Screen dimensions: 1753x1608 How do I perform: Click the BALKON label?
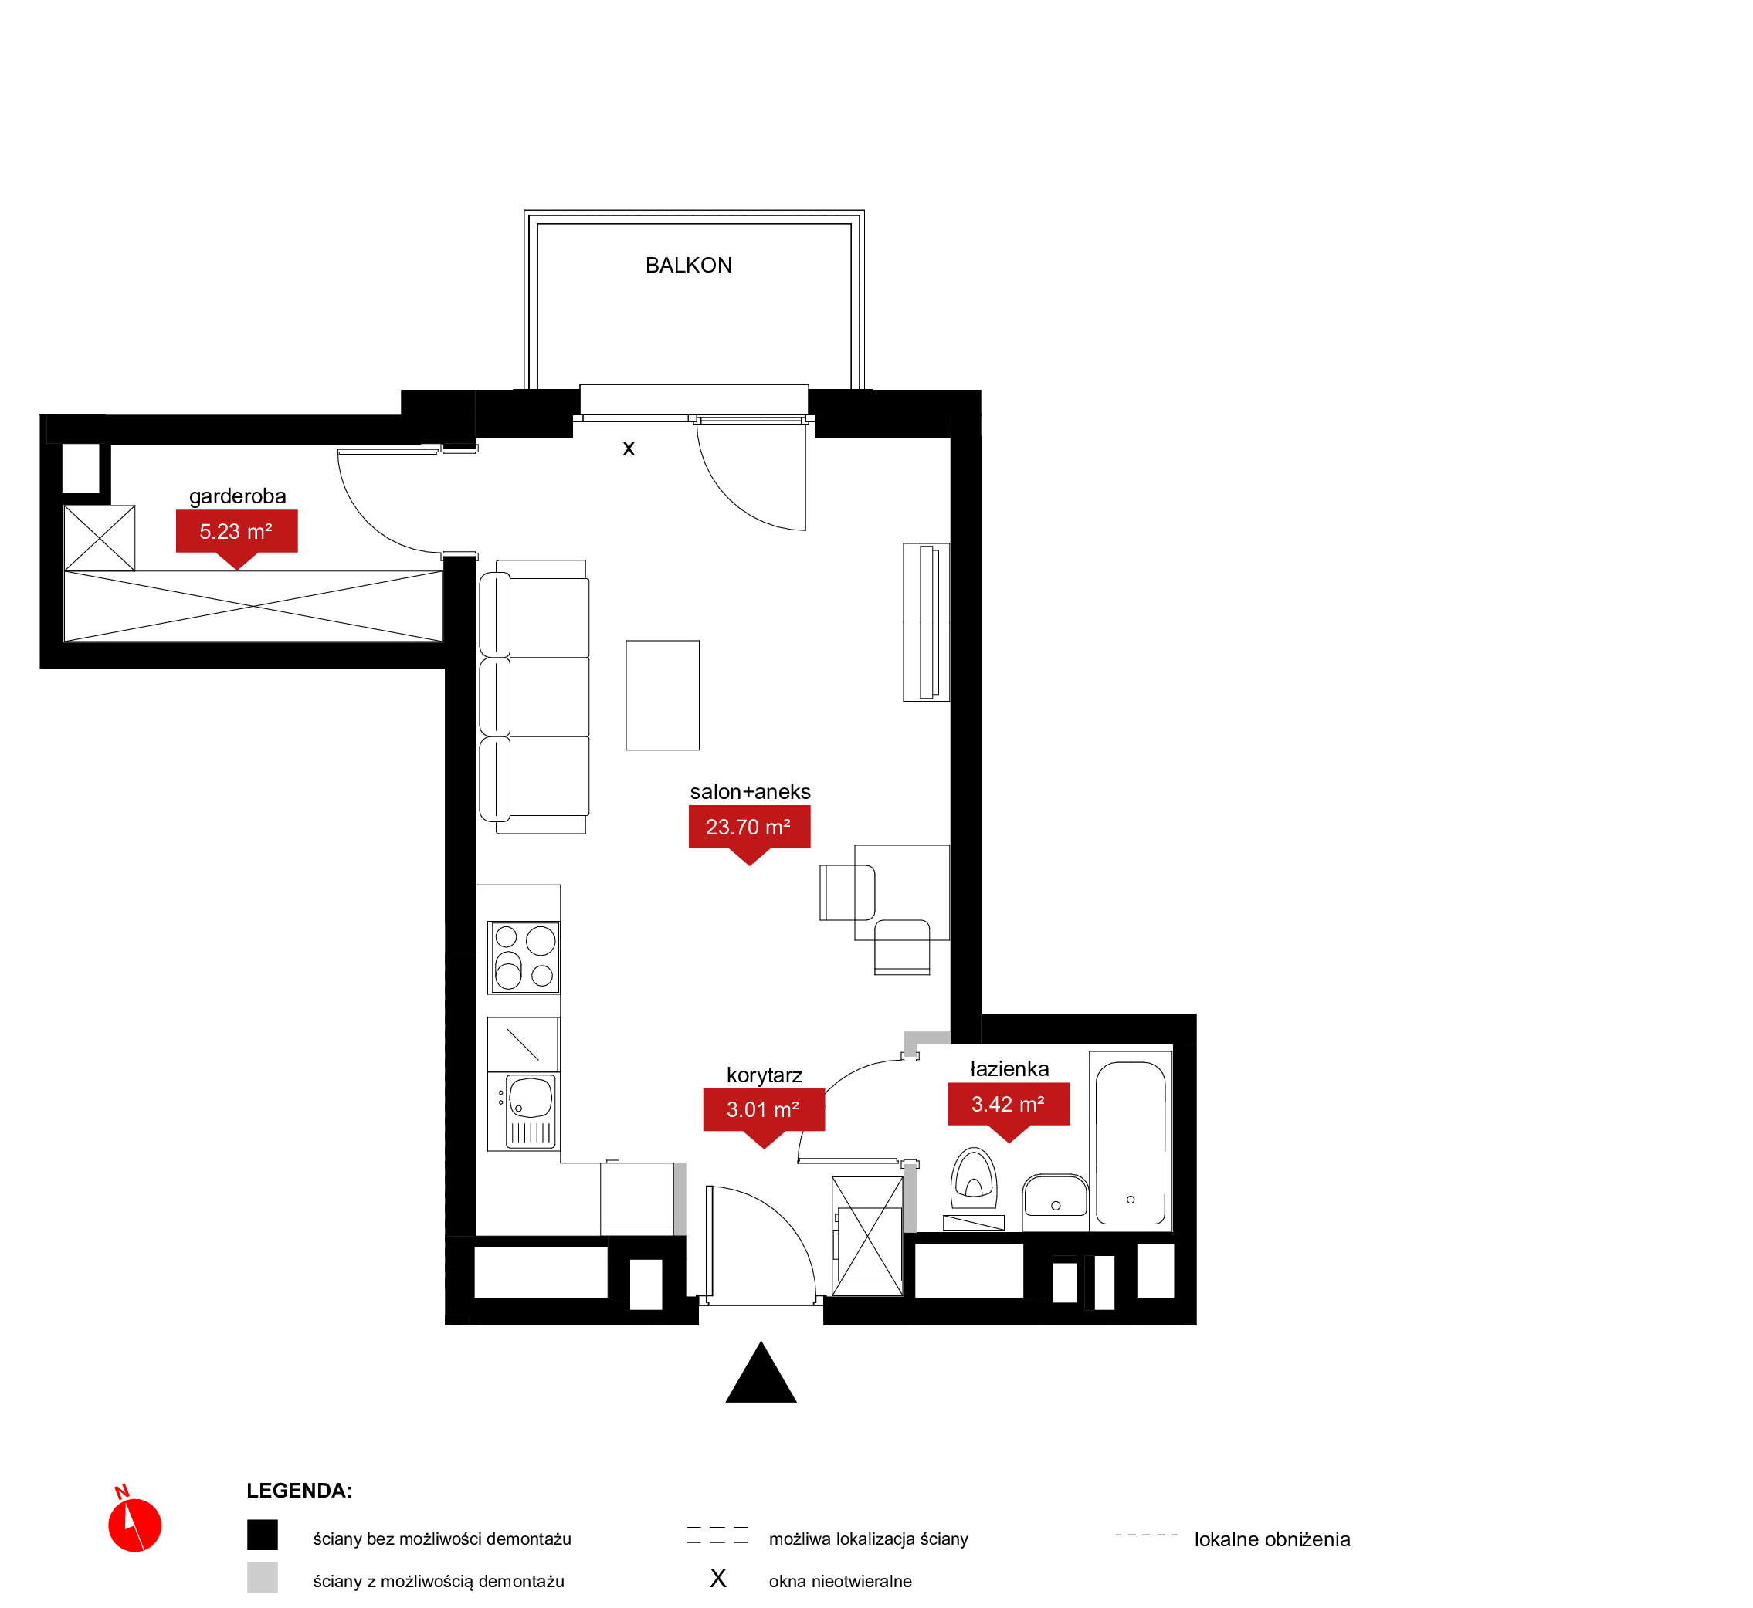click(689, 266)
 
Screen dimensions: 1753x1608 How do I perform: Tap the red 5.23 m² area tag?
click(237, 536)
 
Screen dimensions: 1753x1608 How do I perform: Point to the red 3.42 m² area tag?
click(1009, 1109)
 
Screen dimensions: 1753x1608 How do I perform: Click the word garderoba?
click(238, 497)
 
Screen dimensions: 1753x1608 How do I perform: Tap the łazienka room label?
click(1009, 1068)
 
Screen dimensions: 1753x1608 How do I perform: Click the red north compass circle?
click(135, 1525)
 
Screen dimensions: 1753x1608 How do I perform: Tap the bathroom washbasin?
click(1055, 1197)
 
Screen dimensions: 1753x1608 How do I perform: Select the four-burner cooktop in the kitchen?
click(523, 957)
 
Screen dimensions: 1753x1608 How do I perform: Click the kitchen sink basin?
click(530, 1097)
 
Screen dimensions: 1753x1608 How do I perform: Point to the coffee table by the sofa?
click(663, 696)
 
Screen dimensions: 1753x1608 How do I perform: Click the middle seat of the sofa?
click(534, 697)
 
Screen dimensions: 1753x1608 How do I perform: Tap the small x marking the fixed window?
click(629, 449)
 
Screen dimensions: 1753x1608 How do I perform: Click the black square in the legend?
click(262, 1535)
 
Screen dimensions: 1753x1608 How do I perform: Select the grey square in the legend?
click(262, 1578)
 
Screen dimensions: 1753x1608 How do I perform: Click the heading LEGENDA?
click(300, 1491)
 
